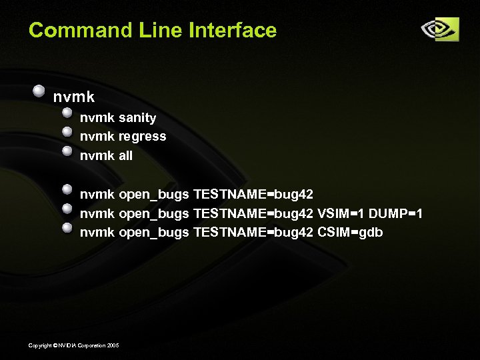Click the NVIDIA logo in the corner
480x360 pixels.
(439, 29)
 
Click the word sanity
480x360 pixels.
(137, 118)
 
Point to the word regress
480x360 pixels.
(142, 137)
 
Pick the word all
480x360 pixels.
(125, 155)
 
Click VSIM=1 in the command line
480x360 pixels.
(341, 213)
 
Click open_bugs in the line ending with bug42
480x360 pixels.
(153, 195)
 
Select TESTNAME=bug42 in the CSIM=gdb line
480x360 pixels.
(253, 232)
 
